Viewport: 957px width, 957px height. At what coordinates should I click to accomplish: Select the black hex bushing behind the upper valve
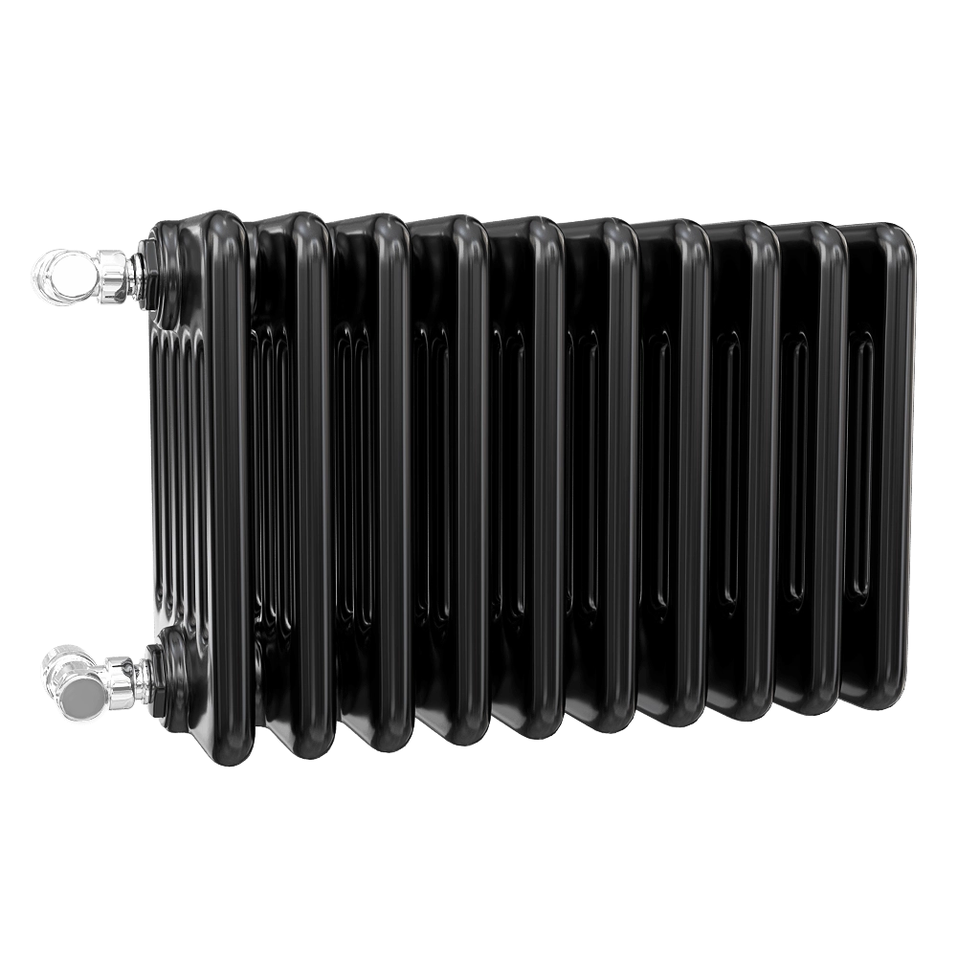point(152,273)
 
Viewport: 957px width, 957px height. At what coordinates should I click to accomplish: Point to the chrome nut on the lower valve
point(124,676)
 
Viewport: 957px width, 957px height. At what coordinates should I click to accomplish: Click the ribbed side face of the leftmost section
point(177,478)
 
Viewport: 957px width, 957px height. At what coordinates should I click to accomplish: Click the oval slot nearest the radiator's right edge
point(860,468)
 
